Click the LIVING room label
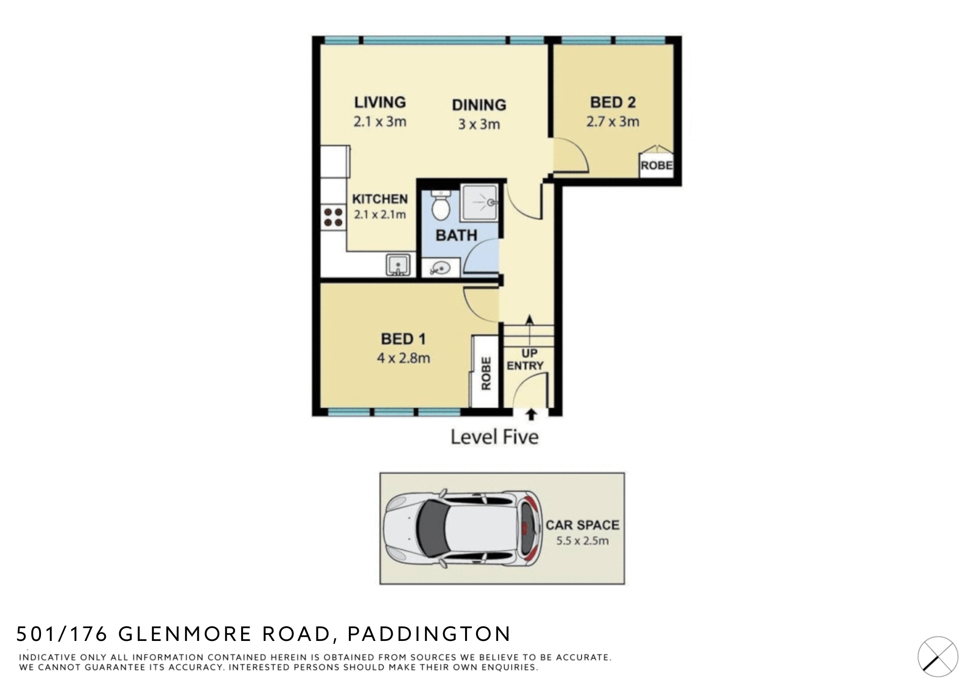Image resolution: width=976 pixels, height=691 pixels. pyautogui.click(x=380, y=102)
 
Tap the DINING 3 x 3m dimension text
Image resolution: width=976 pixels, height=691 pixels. pyautogui.click(x=479, y=124)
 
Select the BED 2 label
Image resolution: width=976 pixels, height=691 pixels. pyautogui.click(x=613, y=102)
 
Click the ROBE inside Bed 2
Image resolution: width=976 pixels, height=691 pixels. pyautogui.click(x=656, y=165)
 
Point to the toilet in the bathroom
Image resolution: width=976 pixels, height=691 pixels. pyautogui.click(x=440, y=205)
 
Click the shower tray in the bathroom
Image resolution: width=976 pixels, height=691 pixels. pyautogui.click(x=479, y=203)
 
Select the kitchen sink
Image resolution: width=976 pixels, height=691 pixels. pyautogui.click(x=398, y=265)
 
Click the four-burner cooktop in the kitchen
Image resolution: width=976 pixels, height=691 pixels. pyautogui.click(x=333, y=217)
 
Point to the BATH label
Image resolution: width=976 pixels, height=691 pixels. pyautogui.click(x=456, y=235)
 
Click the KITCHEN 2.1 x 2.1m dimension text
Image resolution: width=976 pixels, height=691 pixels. pyautogui.click(x=380, y=215)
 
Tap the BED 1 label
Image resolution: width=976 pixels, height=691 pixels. pyautogui.click(x=403, y=339)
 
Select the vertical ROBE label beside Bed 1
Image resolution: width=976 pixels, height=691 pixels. pyautogui.click(x=486, y=373)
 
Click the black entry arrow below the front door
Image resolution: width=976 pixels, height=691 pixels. pyautogui.click(x=531, y=415)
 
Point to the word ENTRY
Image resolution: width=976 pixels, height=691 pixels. pyautogui.click(x=525, y=366)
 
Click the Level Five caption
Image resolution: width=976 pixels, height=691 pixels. pyautogui.click(x=494, y=437)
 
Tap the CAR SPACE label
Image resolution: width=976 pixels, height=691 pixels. pyautogui.click(x=582, y=525)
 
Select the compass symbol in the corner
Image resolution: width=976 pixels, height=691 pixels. pyautogui.click(x=938, y=657)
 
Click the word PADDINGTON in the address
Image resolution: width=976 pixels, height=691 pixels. pyautogui.click(x=429, y=634)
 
